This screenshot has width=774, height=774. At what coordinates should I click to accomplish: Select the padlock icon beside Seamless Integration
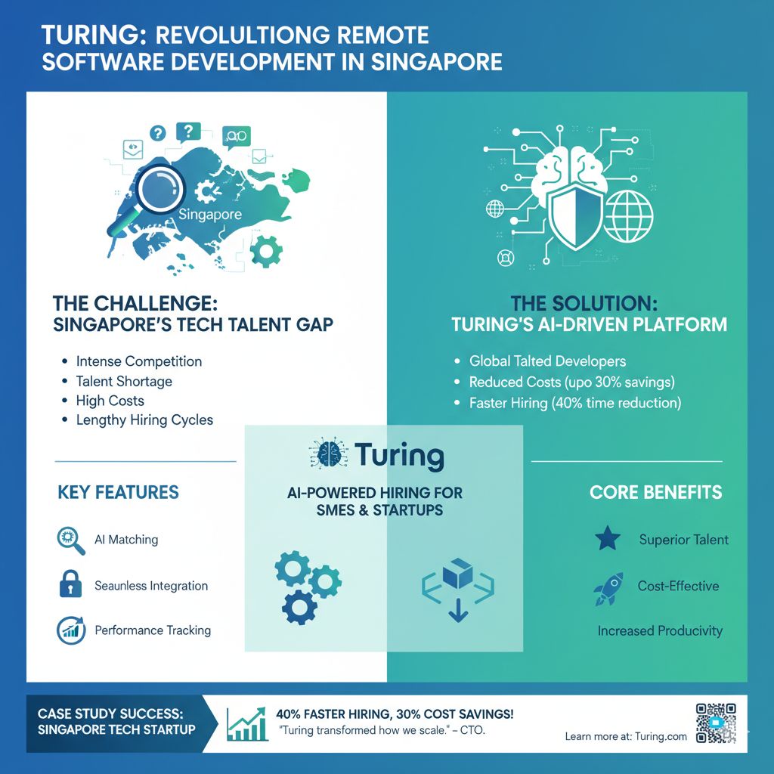pos(70,585)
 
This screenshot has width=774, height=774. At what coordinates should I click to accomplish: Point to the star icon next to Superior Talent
pos(608,539)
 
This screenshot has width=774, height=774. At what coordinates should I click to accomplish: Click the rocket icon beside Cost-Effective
pos(609,587)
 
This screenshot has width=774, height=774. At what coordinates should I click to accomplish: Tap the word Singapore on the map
pos(210,215)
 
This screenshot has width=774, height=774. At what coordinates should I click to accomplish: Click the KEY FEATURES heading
pos(118,493)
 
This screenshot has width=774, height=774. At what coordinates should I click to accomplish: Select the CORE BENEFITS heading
pos(655,493)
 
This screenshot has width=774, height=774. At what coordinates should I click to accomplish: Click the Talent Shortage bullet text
pos(124,381)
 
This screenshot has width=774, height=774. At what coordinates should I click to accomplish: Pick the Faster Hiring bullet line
pos(574,403)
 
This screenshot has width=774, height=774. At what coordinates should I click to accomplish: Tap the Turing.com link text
pos(661,736)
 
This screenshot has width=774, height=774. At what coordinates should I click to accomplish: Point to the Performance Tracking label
pos(153,630)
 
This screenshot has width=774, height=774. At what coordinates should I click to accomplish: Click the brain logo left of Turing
pos(327,455)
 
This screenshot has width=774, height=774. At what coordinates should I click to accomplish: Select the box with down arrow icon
pos(457,588)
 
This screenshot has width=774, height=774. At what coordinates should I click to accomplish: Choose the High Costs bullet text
pos(110,401)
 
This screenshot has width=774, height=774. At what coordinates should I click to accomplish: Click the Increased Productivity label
pos(660,630)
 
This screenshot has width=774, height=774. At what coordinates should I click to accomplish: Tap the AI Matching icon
pos(70,540)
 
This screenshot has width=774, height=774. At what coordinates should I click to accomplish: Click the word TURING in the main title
pos(85,35)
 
